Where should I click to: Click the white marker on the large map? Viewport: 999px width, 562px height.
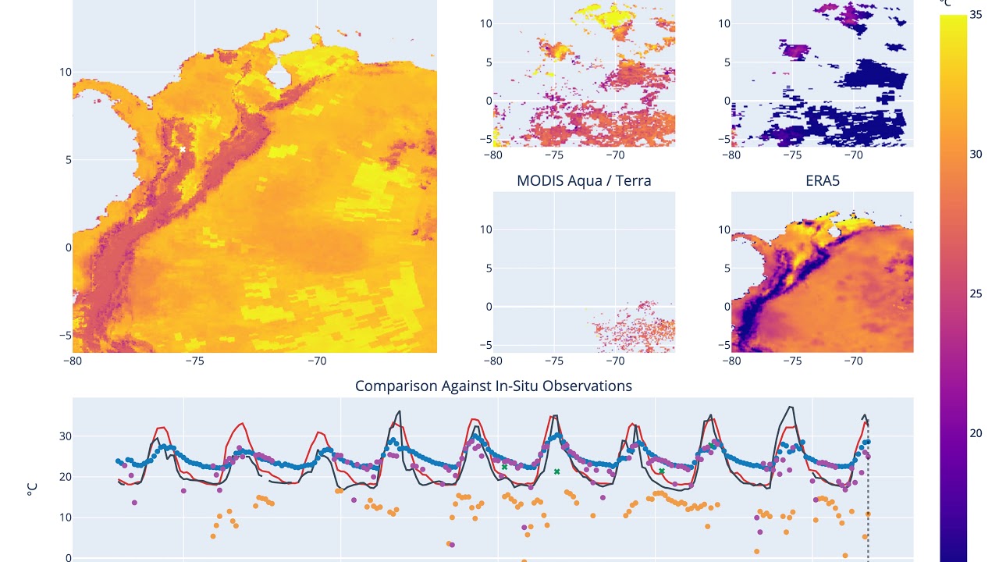(183, 149)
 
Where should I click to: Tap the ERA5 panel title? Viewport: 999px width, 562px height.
(822, 181)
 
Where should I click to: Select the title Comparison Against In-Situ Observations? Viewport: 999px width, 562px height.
(493, 386)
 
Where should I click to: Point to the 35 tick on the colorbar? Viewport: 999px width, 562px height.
(976, 14)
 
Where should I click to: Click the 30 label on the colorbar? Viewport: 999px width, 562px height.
(976, 154)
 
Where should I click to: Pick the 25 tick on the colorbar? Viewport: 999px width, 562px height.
(976, 293)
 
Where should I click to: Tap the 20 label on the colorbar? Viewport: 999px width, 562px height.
(976, 433)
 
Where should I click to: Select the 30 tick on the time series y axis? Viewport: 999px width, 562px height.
(62, 436)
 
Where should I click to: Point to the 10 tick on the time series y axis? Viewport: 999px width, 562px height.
(62, 518)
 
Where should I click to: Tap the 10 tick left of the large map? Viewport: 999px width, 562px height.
(66, 72)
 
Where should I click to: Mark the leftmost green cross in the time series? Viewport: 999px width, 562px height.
(504, 467)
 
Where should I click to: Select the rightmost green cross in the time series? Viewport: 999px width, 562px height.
(662, 471)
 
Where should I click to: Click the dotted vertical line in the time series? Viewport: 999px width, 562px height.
(868, 500)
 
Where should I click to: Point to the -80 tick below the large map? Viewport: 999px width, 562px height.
(73, 361)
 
